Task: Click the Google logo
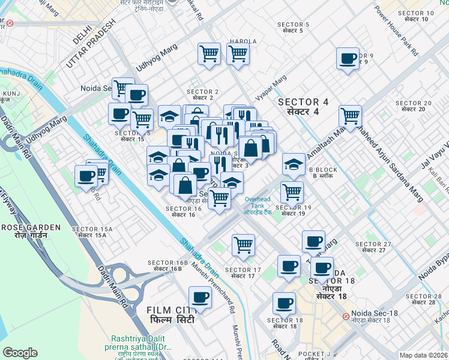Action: coord(20,353)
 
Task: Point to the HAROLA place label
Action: coord(243,41)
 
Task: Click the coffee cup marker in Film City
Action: coord(200,297)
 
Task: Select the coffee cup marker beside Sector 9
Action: coord(348,59)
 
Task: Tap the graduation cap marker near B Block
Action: coord(294,163)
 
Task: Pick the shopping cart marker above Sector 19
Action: coord(292,192)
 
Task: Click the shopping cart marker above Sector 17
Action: coord(243,244)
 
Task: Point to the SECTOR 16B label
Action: coord(165,266)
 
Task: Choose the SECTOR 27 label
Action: coord(373,247)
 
